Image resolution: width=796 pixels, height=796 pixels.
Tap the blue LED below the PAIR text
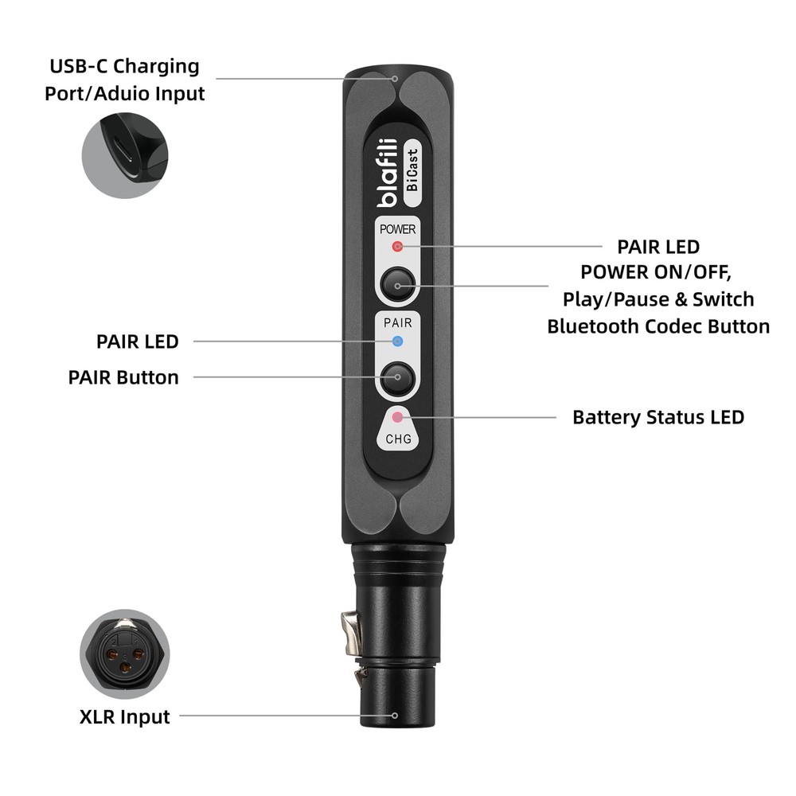(x=398, y=342)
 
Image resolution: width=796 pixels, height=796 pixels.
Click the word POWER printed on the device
(x=397, y=228)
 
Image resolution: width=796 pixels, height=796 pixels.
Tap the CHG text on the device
(x=398, y=439)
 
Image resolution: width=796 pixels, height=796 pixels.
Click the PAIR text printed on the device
(x=398, y=323)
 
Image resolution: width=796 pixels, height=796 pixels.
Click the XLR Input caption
(x=125, y=716)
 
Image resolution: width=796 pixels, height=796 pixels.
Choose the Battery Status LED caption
(x=658, y=417)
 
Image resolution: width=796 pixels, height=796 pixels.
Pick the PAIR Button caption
(x=123, y=377)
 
